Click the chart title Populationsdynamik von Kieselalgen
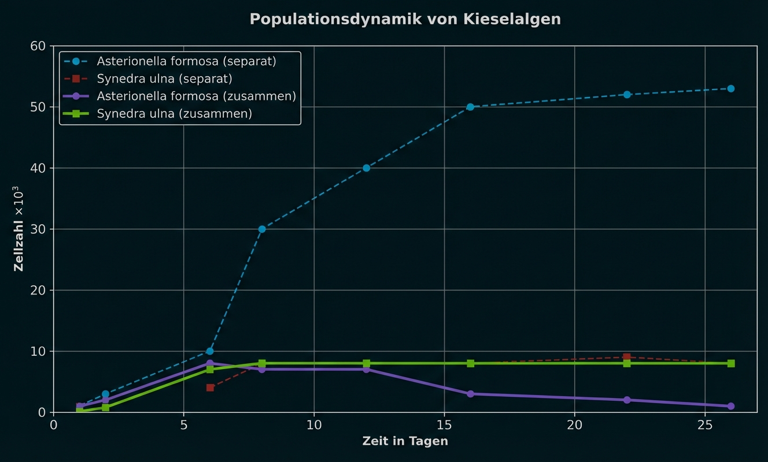point(405,19)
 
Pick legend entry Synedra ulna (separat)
point(164,79)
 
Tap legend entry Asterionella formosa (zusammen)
point(196,96)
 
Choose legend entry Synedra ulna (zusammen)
point(174,114)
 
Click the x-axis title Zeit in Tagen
point(405,441)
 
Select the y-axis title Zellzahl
point(19,229)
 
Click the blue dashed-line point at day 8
point(262,229)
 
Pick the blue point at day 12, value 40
point(366,168)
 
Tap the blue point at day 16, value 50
point(470,107)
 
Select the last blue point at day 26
point(731,88)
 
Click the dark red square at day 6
point(210,388)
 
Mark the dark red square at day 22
point(627,357)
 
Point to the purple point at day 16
point(470,394)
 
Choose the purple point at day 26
point(731,406)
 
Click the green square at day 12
point(366,363)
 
